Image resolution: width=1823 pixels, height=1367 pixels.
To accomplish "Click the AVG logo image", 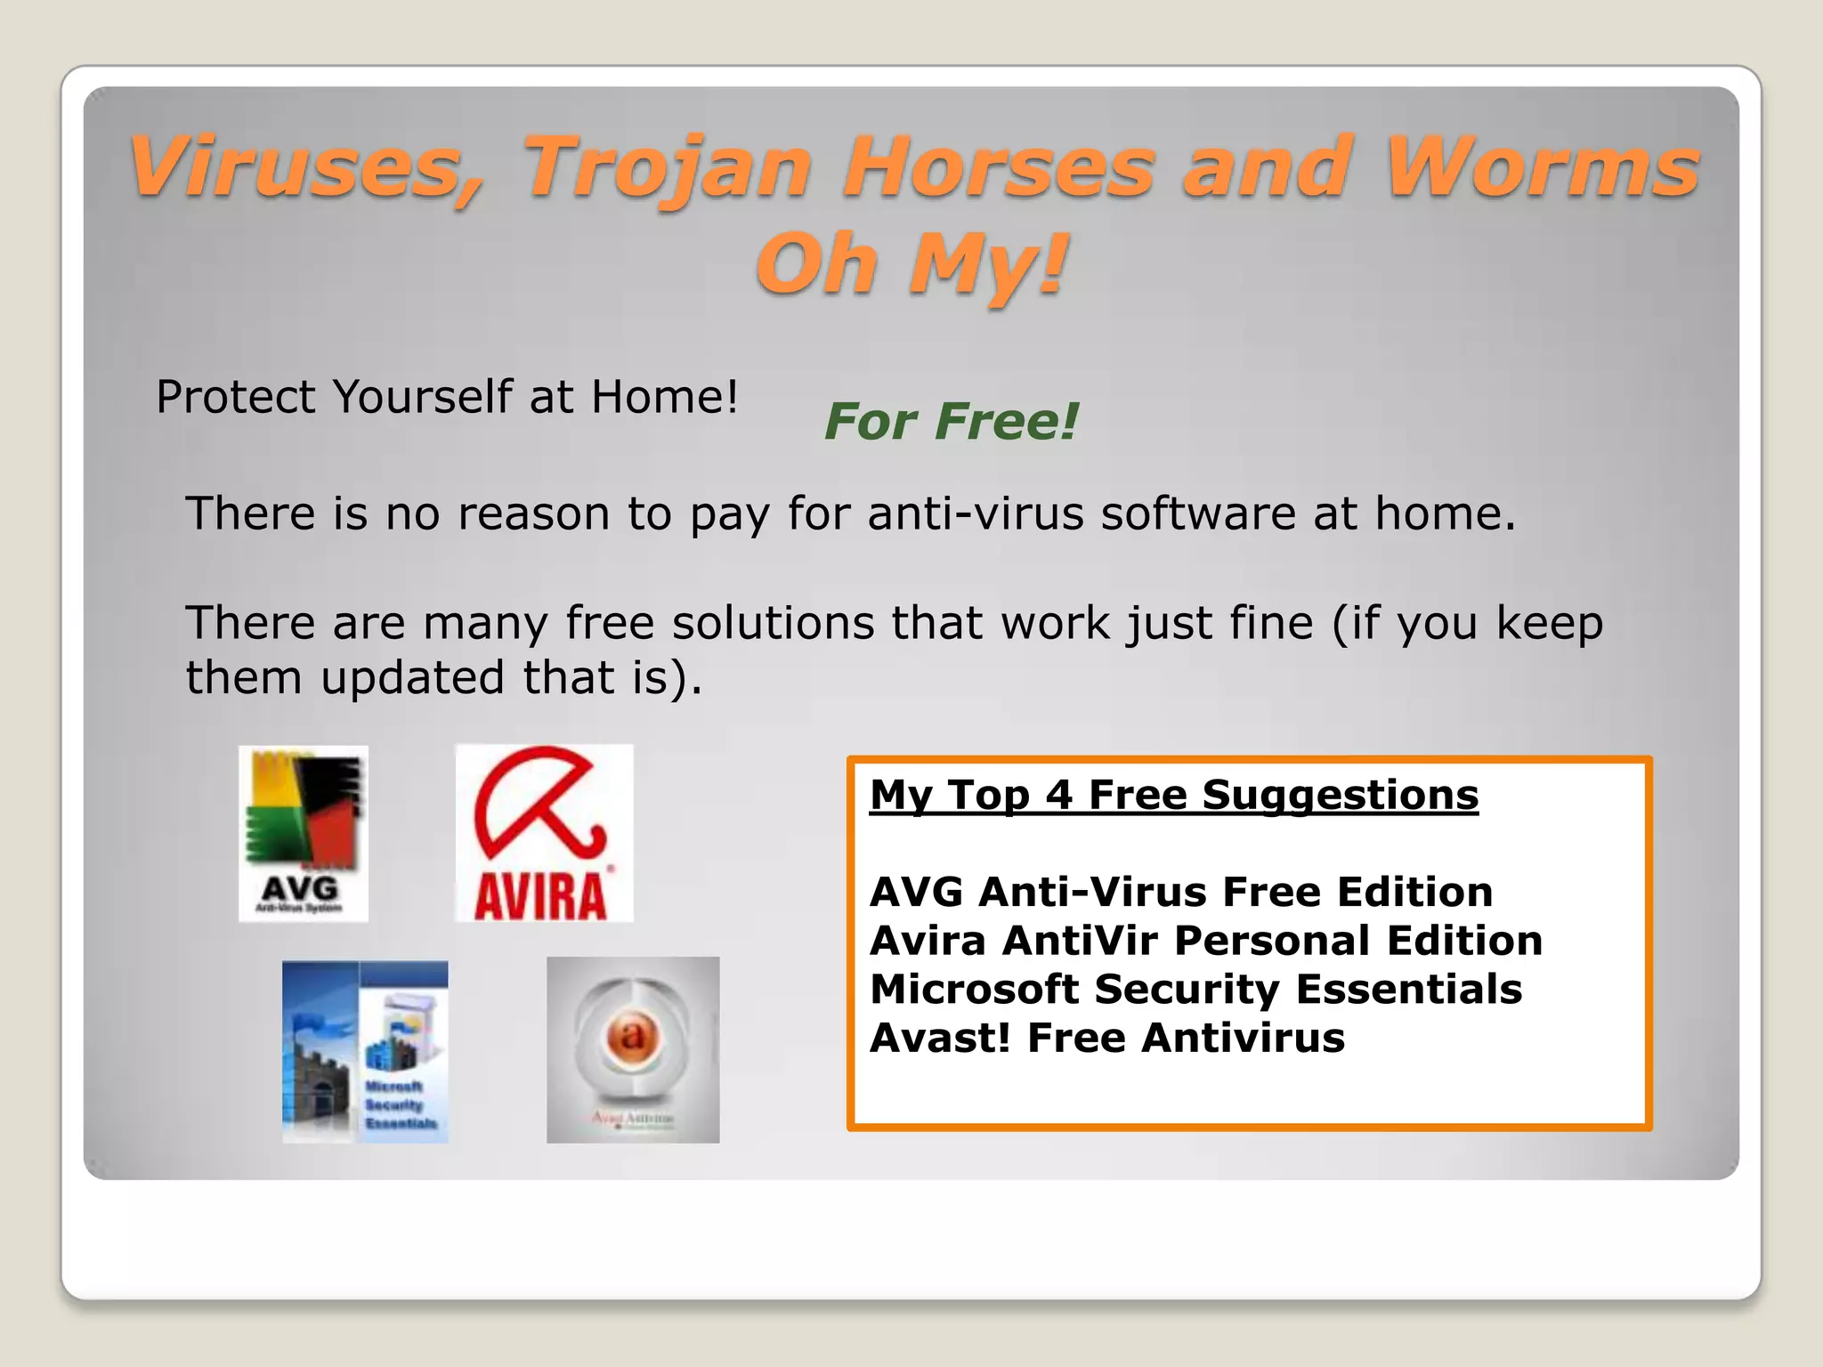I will pyautogui.click(x=304, y=833).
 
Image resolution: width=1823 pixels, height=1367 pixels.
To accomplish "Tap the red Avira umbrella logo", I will pyautogui.click(x=544, y=833).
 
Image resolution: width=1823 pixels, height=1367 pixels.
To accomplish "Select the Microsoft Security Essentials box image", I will pyautogui.click(x=365, y=1051).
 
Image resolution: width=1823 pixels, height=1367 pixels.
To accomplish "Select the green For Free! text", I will pyautogui.click(x=951, y=421).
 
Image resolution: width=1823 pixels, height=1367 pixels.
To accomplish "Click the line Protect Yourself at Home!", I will pyautogui.click(x=447, y=397).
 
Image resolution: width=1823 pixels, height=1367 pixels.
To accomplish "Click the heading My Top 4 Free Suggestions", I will pyautogui.click(x=1173, y=795).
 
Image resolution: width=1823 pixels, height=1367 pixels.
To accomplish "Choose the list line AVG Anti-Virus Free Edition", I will pyautogui.click(x=1180, y=892).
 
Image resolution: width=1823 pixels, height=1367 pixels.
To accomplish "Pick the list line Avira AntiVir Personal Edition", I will pyautogui.click(x=1205, y=941).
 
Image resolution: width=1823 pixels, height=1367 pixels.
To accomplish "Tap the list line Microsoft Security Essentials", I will pyautogui.click(x=1195, y=990).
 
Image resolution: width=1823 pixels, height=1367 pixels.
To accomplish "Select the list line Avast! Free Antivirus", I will pyautogui.click(x=1106, y=1038).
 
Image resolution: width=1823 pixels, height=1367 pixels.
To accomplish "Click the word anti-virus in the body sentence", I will pyautogui.click(x=975, y=514).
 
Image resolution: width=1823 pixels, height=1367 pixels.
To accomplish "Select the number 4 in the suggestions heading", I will pyautogui.click(x=1058, y=795).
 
